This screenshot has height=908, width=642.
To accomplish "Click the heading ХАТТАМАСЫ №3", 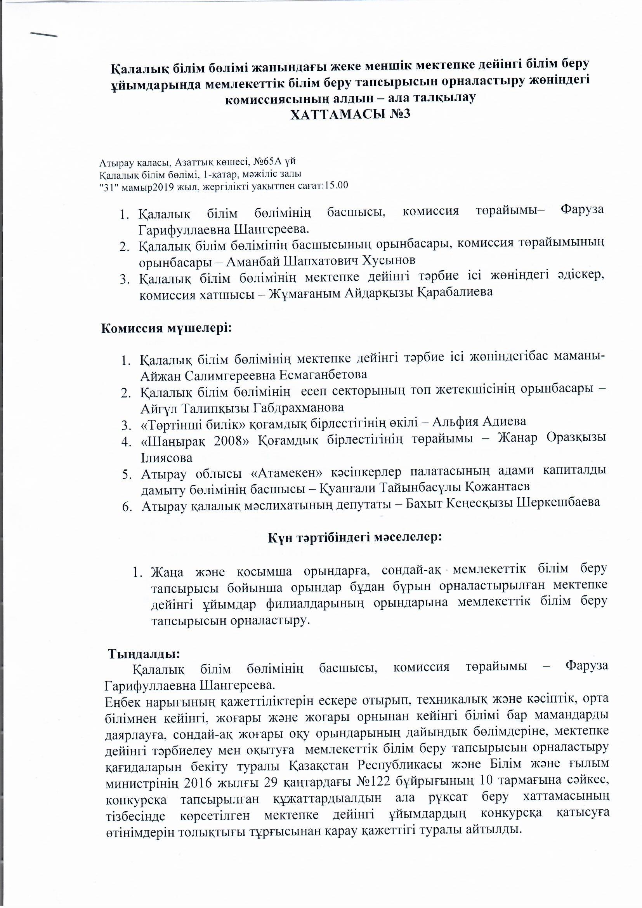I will tap(350, 114).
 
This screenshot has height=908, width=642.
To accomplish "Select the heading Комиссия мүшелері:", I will tap(167, 328).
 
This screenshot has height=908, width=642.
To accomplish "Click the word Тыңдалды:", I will tap(144, 654).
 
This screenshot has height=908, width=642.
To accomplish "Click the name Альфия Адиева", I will tap(479, 422).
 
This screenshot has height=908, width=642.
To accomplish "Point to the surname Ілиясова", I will tap(167, 458).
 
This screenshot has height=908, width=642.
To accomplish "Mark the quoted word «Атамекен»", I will tap(287, 472).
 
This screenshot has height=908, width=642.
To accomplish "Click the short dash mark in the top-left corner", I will tap(44, 35).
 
